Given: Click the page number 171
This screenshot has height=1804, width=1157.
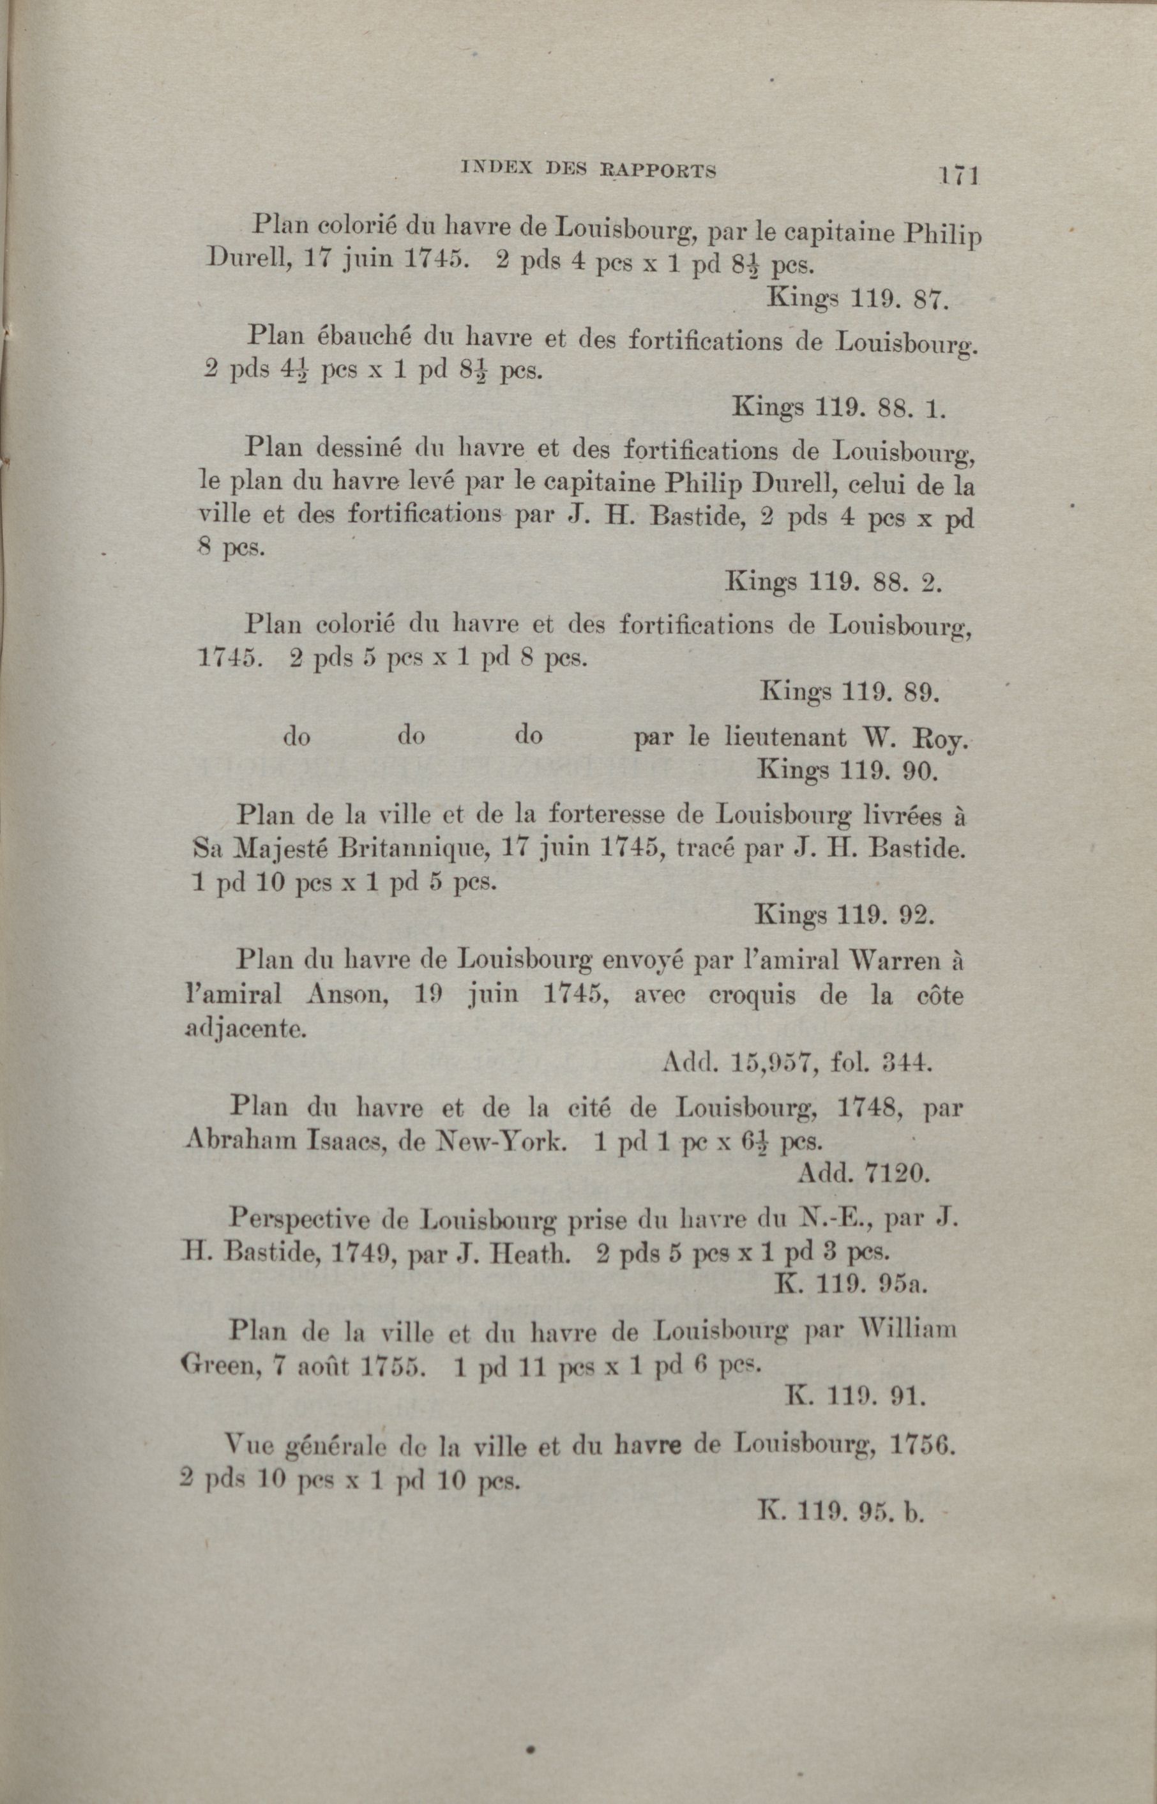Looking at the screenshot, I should tap(956, 176).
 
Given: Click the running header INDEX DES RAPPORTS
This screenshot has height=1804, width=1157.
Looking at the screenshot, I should tap(587, 171).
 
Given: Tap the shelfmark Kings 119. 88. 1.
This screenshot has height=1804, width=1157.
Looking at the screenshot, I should tap(838, 407).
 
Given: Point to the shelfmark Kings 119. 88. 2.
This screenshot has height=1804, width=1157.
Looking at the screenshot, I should tap(834, 582).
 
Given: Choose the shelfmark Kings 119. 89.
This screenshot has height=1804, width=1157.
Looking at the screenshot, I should tap(850, 690).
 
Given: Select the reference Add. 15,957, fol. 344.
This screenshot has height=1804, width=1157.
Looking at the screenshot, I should tap(798, 1062).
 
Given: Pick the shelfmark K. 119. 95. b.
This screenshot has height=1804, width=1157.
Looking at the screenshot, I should tap(842, 1511).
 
